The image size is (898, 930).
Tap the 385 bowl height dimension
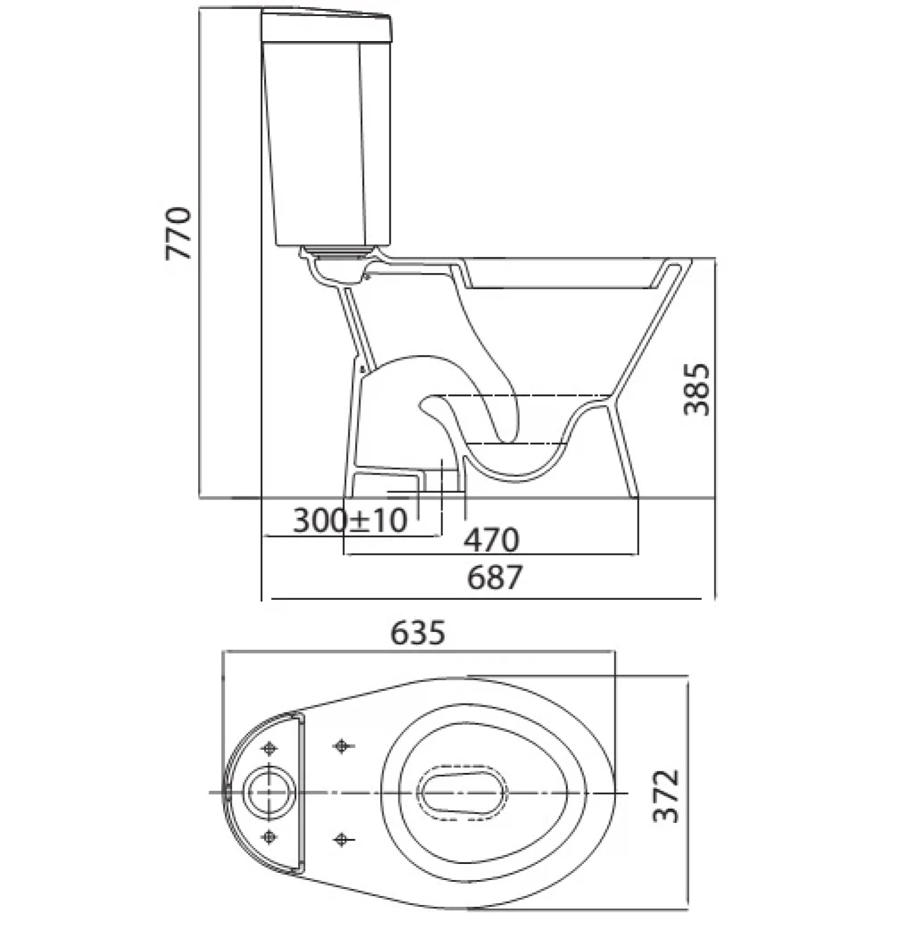pyautogui.click(x=697, y=389)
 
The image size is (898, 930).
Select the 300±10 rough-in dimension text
pyautogui.click(x=350, y=520)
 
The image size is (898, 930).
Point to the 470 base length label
pyautogui.click(x=491, y=539)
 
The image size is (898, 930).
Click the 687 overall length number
pyautogui.click(x=494, y=577)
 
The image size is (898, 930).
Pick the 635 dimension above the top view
pyautogui.click(x=417, y=633)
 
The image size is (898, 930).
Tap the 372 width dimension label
pyautogui.click(x=665, y=796)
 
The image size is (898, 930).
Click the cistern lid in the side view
pyautogui.click(x=326, y=26)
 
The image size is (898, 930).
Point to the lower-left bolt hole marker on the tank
pyautogui.click(x=270, y=836)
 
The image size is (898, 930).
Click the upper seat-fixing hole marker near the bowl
pyautogui.click(x=342, y=746)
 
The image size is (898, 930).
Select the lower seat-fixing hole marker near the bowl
pyautogui.click(x=342, y=839)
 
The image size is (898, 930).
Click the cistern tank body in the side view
pyautogui.click(x=326, y=145)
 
